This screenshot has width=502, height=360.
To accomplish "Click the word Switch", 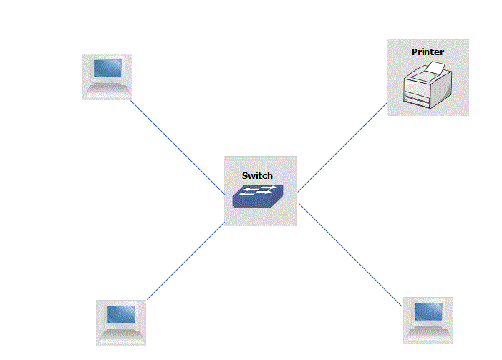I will click(x=257, y=175).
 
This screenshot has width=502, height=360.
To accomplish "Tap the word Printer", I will click(x=428, y=52).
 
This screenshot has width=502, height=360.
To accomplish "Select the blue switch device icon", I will click(x=257, y=195).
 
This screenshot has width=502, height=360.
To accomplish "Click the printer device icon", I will click(x=427, y=84).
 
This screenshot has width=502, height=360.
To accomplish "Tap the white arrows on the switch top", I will click(x=259, y=190).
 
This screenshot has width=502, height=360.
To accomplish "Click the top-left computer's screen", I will click(x=107, y=69).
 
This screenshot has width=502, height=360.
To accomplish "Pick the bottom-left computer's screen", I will click(x=121, y=313).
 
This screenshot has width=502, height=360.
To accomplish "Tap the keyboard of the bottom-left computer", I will click(x=121, y=334).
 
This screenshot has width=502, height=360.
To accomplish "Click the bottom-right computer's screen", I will click(x=428, y=311).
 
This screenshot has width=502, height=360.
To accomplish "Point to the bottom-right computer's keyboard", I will click(x=428, y=331).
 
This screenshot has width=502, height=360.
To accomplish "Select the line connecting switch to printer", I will click(x=342, y=150).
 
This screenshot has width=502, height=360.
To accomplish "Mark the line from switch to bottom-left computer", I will click(x=185, y=261).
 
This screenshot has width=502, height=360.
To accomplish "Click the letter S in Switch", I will click(x=245, y=175).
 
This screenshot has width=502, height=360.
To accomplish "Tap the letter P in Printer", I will click(x=415, y=52).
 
